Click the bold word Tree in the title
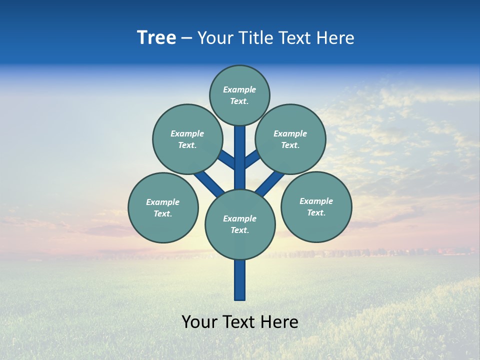pyautogui.click(x=156, y=38)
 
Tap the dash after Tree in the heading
pyautogui.click(x=186, y=38)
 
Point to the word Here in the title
pyautogui.click(x=336, y=38)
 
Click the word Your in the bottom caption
pyautogui.click(x=199, y=322)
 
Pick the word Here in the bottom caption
pyautogui.click(x=279, y=322)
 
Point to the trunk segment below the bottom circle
pyautogui.click(x=240, y=280)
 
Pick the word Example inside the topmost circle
pyautogui.click(x=239, y=90)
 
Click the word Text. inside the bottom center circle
pyautogui.click(x=239, y=230)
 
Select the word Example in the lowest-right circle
pyautogui.click(x=316, y=201)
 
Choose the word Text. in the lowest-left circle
pyautogui.click(x=163, y=214)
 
